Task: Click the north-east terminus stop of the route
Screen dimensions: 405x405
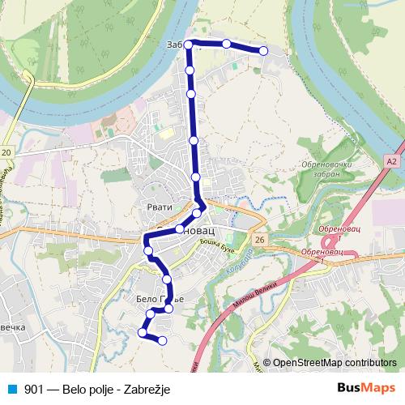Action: point(263,51)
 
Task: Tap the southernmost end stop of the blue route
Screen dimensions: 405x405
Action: point(163,340)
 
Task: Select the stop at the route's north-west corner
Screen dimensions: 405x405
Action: point(189,44)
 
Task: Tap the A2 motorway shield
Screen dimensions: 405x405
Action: point(392,162)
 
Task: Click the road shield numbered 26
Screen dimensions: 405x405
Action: point(258,240)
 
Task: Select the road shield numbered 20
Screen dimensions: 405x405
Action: point(6,152)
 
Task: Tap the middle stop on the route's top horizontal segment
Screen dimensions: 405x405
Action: point(227,44)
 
